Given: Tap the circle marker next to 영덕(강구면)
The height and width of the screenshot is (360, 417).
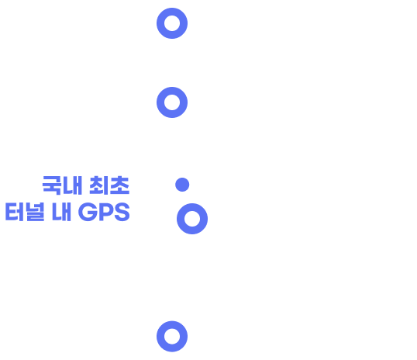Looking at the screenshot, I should (172, 23).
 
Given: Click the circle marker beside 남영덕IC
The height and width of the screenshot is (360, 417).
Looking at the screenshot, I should (172, 102).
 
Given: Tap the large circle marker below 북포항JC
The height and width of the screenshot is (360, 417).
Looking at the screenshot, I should (192, 219).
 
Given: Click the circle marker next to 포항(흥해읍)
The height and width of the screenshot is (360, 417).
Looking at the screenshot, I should (172, 336).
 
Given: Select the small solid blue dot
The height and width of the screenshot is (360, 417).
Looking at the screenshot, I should (182, 185).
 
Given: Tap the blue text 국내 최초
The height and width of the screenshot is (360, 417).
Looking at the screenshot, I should (86, 185).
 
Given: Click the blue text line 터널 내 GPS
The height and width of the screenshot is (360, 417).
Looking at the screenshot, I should (67, 213).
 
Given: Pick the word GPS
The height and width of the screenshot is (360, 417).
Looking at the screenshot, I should (104, 213).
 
